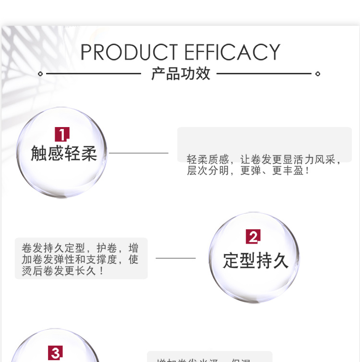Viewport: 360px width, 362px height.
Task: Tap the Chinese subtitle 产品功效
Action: pyautogui.click(x=180, y=74)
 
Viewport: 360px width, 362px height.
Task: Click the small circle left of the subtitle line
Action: pyautogui.click(x=40, y=74)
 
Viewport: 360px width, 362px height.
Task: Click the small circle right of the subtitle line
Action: pyautogui.click(x=317, y=74)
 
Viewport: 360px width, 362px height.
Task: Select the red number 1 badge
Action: pyautogui.click(x=62, y=134)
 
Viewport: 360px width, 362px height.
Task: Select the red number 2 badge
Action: pyautogui.click(x=253, y=236)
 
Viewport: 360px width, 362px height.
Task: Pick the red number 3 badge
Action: pyautogui.click(x=55, y=353)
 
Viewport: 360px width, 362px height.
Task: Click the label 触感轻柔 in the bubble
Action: pyautogui.click(x=64, y=153)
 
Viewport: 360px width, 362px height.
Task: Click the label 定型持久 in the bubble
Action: pyautogui.click(x=255, y=260)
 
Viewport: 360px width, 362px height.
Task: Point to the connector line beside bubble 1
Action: pyautogui.click(x=139, y=153)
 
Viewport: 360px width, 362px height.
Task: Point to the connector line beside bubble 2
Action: pyautogui.click(x=176, y=258)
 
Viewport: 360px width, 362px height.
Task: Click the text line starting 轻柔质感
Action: pyautogui.click(x=264, y=160)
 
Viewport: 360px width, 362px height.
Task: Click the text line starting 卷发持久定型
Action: pyautogui.click(x=80, y=248)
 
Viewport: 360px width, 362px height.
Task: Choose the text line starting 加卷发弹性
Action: pyautogui.click(x=80, y=259)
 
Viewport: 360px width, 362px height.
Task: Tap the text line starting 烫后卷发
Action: pyautogui.click(x=63, y=271)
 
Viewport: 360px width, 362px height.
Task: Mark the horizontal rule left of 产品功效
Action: pyautogui.click(x=93, y=74)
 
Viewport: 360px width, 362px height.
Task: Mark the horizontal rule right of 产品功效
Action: pyautogui.click(x=264, y=74)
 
